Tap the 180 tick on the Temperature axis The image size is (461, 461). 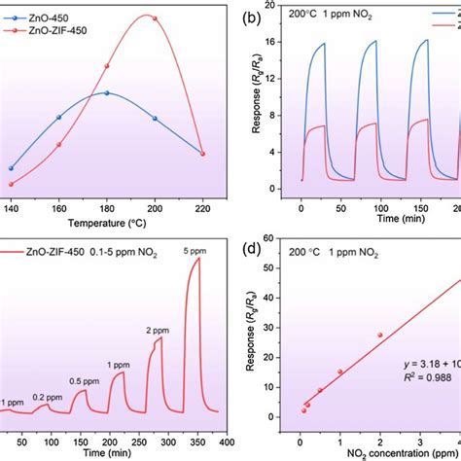(x=106, y=208)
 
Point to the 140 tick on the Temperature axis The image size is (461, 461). (x=12, y=208)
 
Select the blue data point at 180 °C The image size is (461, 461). (x=106, y=93)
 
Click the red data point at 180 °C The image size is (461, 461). (x=106, y=67)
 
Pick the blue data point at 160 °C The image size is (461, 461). (x=58, y=117)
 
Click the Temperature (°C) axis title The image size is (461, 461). (x=106, y=223)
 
